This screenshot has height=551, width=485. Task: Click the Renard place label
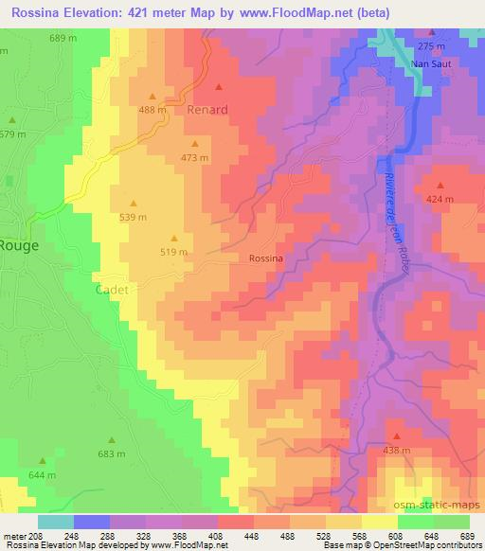(x=207, y=110)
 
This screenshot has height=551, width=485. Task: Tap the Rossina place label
(x=266, y=258)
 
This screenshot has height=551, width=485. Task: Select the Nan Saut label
(x=431, y=63)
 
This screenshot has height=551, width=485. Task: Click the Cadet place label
(x=111, y=289)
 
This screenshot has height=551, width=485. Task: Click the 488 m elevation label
(x=153, y=110)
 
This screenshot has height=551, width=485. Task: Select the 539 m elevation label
(x=133, y=217)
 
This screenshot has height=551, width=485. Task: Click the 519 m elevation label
(x=173, y=252)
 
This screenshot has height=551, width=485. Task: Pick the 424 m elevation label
(x=440, y=200)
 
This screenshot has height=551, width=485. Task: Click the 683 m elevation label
(x=111, y=454)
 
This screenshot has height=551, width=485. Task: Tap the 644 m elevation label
(x=43, y=474)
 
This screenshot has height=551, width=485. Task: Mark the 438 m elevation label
(x=396, y=452)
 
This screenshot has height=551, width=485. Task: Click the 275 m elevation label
(x=431, y=46)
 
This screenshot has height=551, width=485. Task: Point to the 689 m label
(x=63, y=37)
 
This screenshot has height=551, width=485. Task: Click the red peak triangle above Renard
(x=218, y=88)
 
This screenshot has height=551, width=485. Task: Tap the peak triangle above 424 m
(x=440, y=185)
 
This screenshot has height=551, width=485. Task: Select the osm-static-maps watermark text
(x=438, y=507)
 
